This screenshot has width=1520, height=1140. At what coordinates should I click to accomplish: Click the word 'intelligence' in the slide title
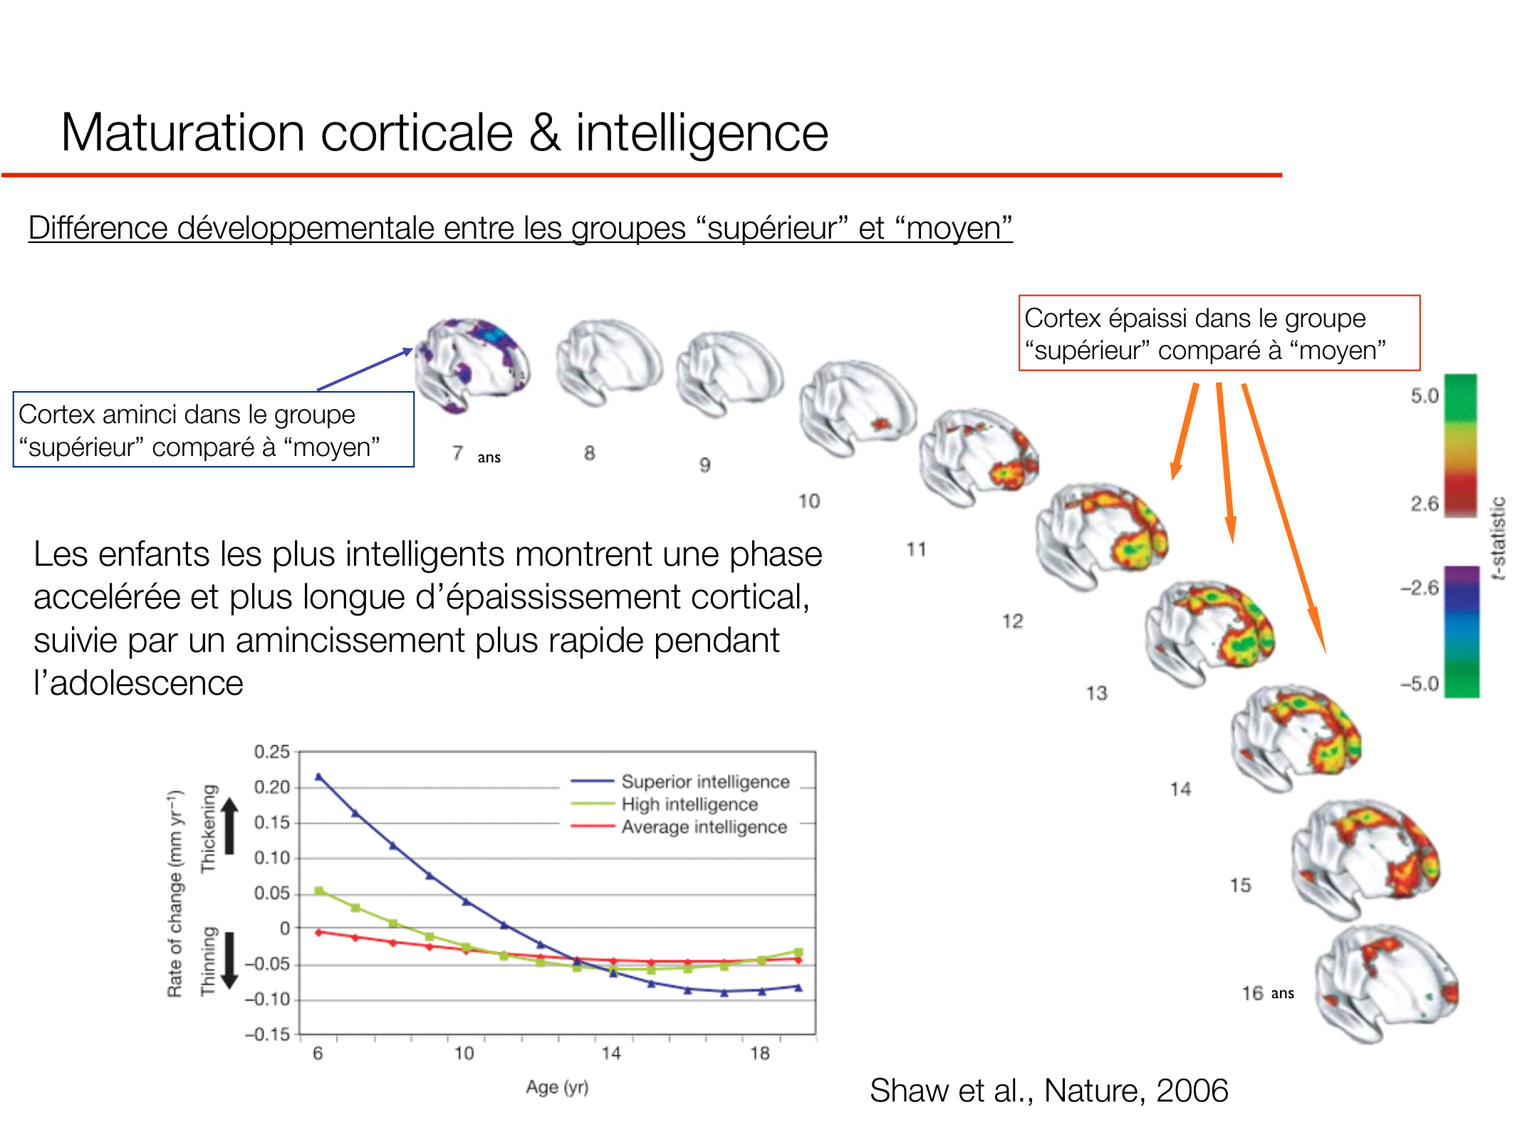(x=702, y=134)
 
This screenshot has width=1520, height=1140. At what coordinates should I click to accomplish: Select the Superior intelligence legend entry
(x=680, y=782)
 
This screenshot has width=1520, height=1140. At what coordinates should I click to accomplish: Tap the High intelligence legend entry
(x=665, y=804)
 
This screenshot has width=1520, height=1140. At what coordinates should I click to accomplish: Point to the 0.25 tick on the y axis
(x=272, y=752)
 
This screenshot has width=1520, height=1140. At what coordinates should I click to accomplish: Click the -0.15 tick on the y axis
(x=267, y=1034)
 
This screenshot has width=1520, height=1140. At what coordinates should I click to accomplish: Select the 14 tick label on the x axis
(x=611, y=1053)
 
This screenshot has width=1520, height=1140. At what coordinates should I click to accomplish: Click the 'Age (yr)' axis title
(x=557, y=1087)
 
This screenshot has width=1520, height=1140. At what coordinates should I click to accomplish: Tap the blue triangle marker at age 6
(x=318, y=777)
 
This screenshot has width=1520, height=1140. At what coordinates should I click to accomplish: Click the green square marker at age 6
(x=318, y=891)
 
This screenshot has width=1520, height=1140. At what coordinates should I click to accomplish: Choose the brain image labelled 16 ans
(x=1385, y=983)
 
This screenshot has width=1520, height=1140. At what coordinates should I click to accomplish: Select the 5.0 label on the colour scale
(x=1425, y=396)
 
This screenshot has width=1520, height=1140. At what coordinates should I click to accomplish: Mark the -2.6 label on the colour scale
(x=1419, y=588)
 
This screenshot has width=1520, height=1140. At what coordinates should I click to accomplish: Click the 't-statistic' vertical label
(x=1498, y=539)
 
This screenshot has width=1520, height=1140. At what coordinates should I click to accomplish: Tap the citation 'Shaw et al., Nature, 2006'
(x=1049, y=1090)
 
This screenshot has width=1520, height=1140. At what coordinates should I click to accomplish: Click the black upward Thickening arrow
(x=229, y=825)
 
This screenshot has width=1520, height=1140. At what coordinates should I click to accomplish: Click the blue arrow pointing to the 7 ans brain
(x=365, y=369)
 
